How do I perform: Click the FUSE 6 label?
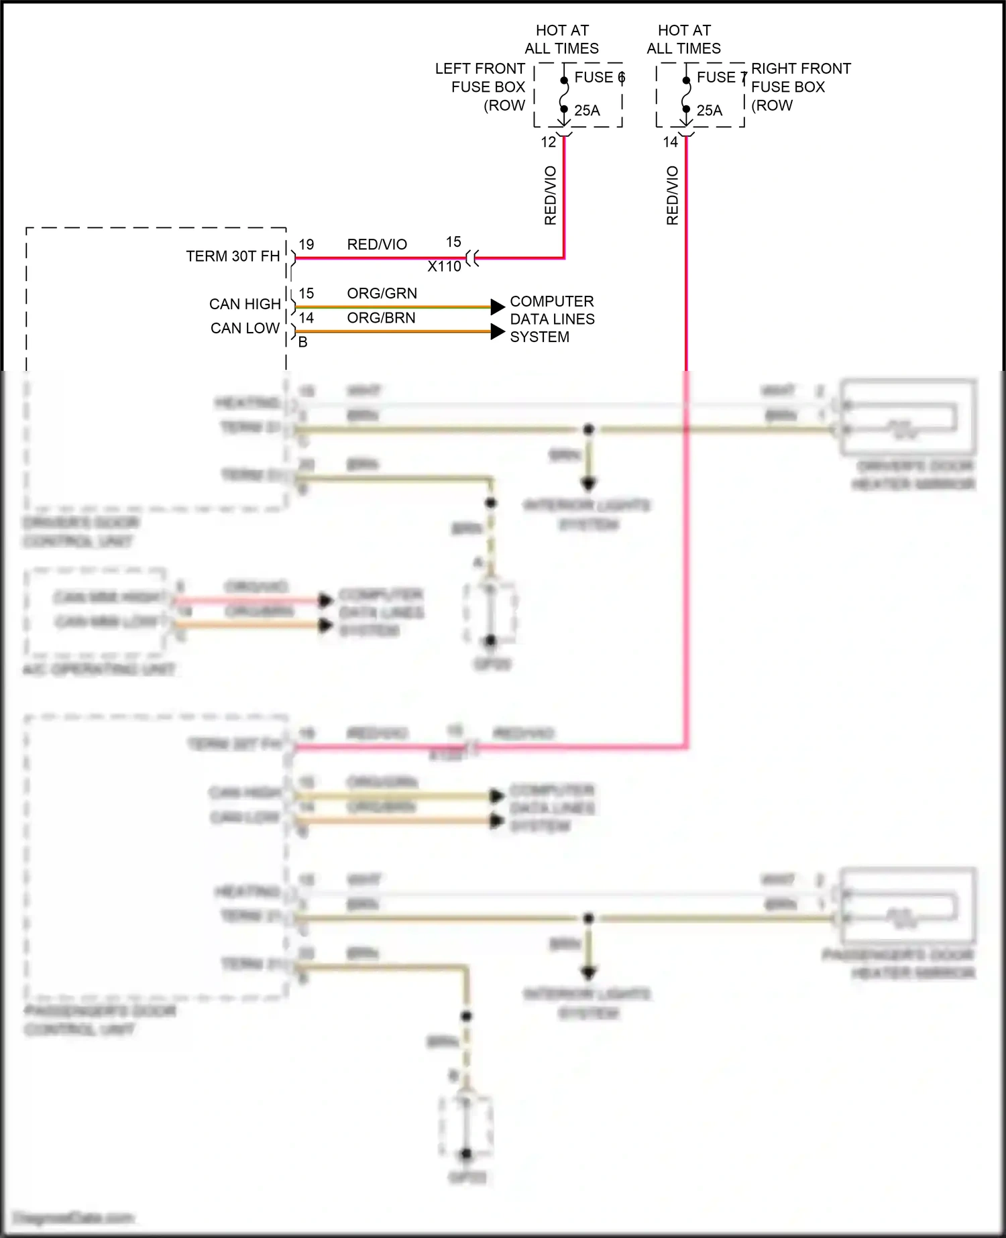599,78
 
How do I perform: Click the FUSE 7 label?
721,78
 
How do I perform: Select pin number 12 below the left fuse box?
548,142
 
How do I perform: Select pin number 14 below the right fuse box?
670,142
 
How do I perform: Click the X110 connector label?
444,266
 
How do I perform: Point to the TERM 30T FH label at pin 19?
233,256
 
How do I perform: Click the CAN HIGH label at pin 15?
245,304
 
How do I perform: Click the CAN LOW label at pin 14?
245,328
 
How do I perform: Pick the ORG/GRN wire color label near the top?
382,293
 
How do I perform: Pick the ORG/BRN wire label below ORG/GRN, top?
381,318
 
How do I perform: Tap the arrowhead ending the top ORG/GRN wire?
498,307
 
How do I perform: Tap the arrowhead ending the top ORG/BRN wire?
498,331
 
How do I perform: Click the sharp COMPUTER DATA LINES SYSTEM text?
551,319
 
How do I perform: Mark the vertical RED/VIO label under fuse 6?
551,195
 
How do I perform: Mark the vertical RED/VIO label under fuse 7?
673,195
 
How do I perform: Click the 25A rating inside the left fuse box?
587,111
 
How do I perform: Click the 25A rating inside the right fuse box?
709,111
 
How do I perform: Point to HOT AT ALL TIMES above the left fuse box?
562,40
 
